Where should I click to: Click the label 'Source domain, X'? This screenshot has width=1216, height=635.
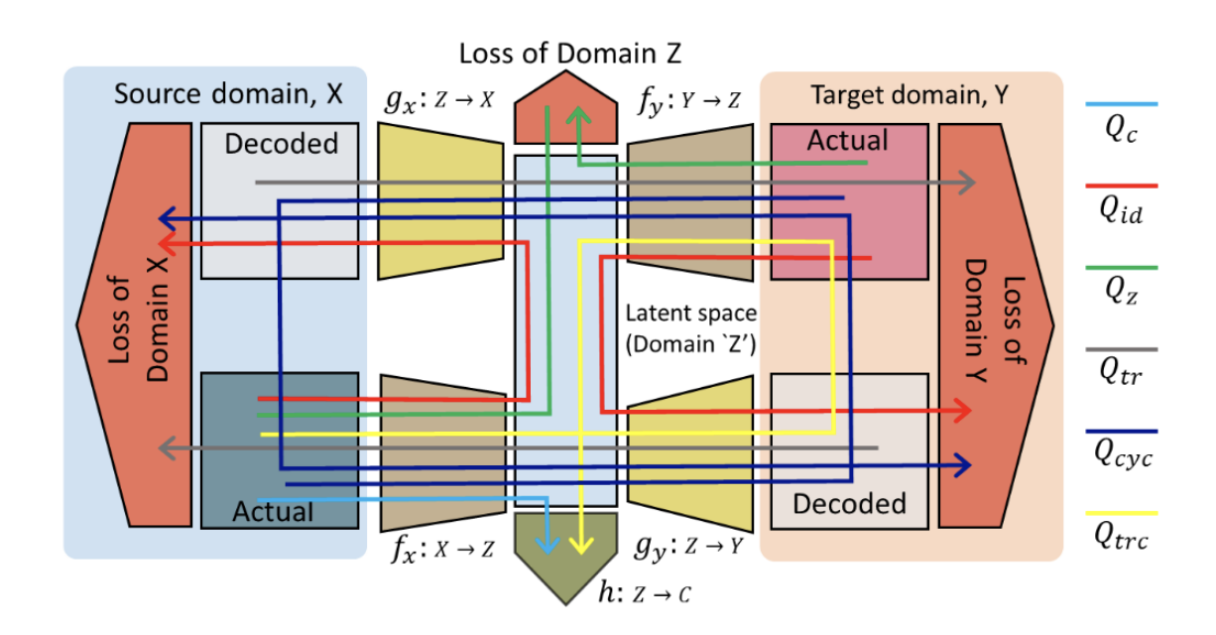coord(228,94)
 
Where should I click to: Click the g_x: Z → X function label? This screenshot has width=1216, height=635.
coord(440,101)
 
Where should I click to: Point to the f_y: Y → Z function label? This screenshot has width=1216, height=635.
coord(694,101)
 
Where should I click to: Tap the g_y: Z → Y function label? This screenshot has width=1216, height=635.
coord(692,549)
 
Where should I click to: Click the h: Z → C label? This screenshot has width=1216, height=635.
coord(644,593)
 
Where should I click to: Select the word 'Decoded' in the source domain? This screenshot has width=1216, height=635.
coord(281,144)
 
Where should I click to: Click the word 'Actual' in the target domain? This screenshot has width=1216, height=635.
coord(847,140)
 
